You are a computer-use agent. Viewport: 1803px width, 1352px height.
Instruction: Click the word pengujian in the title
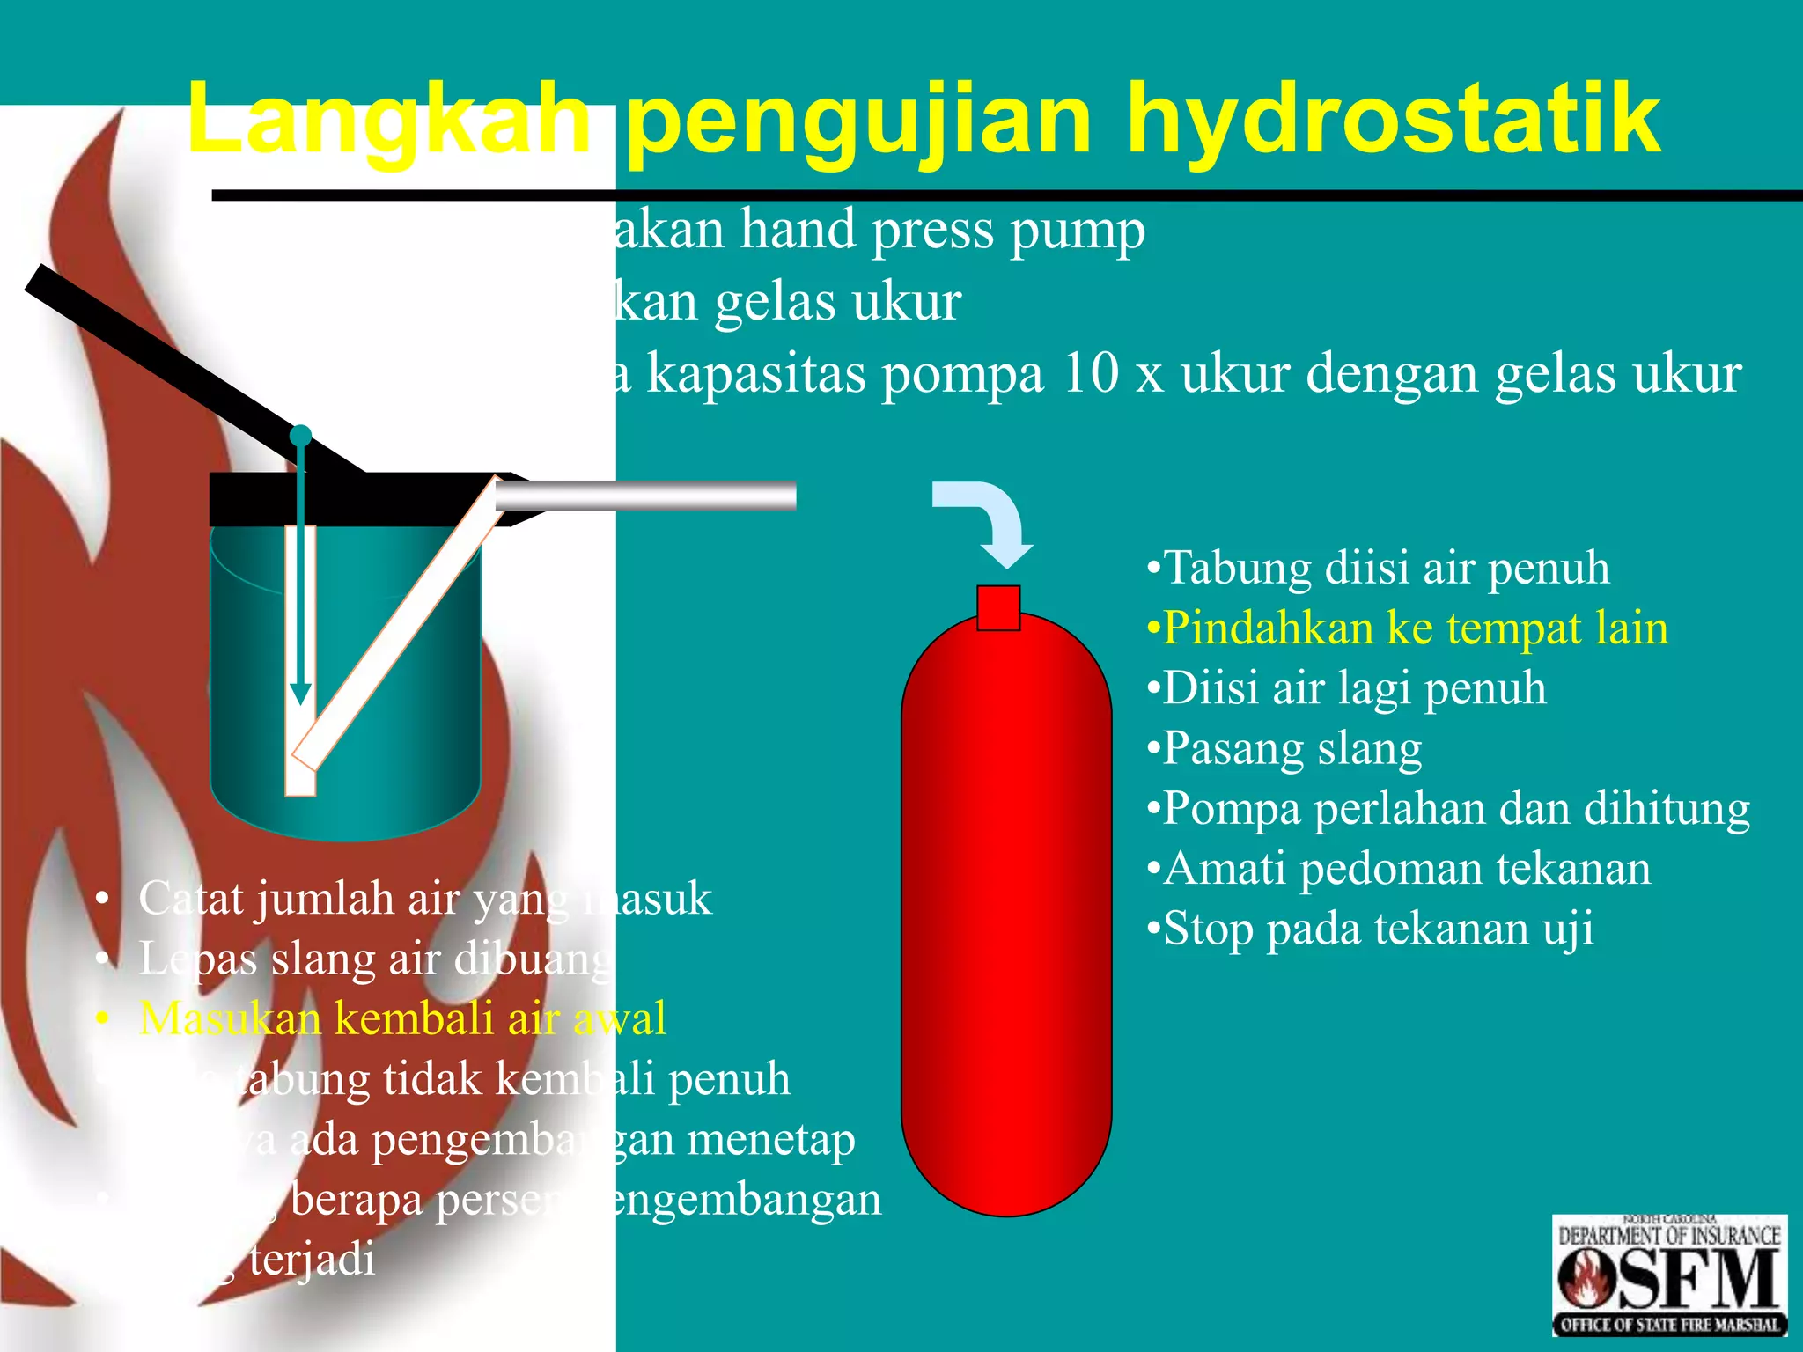click(858, 119)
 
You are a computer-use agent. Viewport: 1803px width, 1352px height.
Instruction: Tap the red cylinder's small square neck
click(998, 607)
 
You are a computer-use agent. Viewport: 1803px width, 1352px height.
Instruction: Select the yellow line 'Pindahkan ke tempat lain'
click(1407, 628)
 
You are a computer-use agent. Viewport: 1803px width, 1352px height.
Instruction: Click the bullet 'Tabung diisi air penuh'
click(1378, 568)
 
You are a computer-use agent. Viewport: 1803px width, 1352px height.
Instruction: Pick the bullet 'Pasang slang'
click(1284, 748)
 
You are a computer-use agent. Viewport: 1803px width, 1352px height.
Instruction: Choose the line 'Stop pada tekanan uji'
click(1370, 929)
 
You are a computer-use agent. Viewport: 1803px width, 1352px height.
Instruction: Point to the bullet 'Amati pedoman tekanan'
click(1398, 869)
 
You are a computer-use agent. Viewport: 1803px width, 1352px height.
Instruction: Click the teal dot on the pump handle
click(301, 436)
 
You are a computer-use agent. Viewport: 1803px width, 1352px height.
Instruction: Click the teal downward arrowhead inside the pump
click(301, 694)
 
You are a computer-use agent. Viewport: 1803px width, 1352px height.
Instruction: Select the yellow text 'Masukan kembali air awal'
click(402, 1018)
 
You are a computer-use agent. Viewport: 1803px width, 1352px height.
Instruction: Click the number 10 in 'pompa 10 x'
click(1092, 373)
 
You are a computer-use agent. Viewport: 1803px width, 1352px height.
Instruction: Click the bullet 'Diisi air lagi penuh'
click(1346, 687)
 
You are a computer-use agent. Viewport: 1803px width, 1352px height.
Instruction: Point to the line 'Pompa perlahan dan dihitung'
click(1448, 808)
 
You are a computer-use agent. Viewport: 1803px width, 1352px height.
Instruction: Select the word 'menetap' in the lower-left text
click(771, 1139)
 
